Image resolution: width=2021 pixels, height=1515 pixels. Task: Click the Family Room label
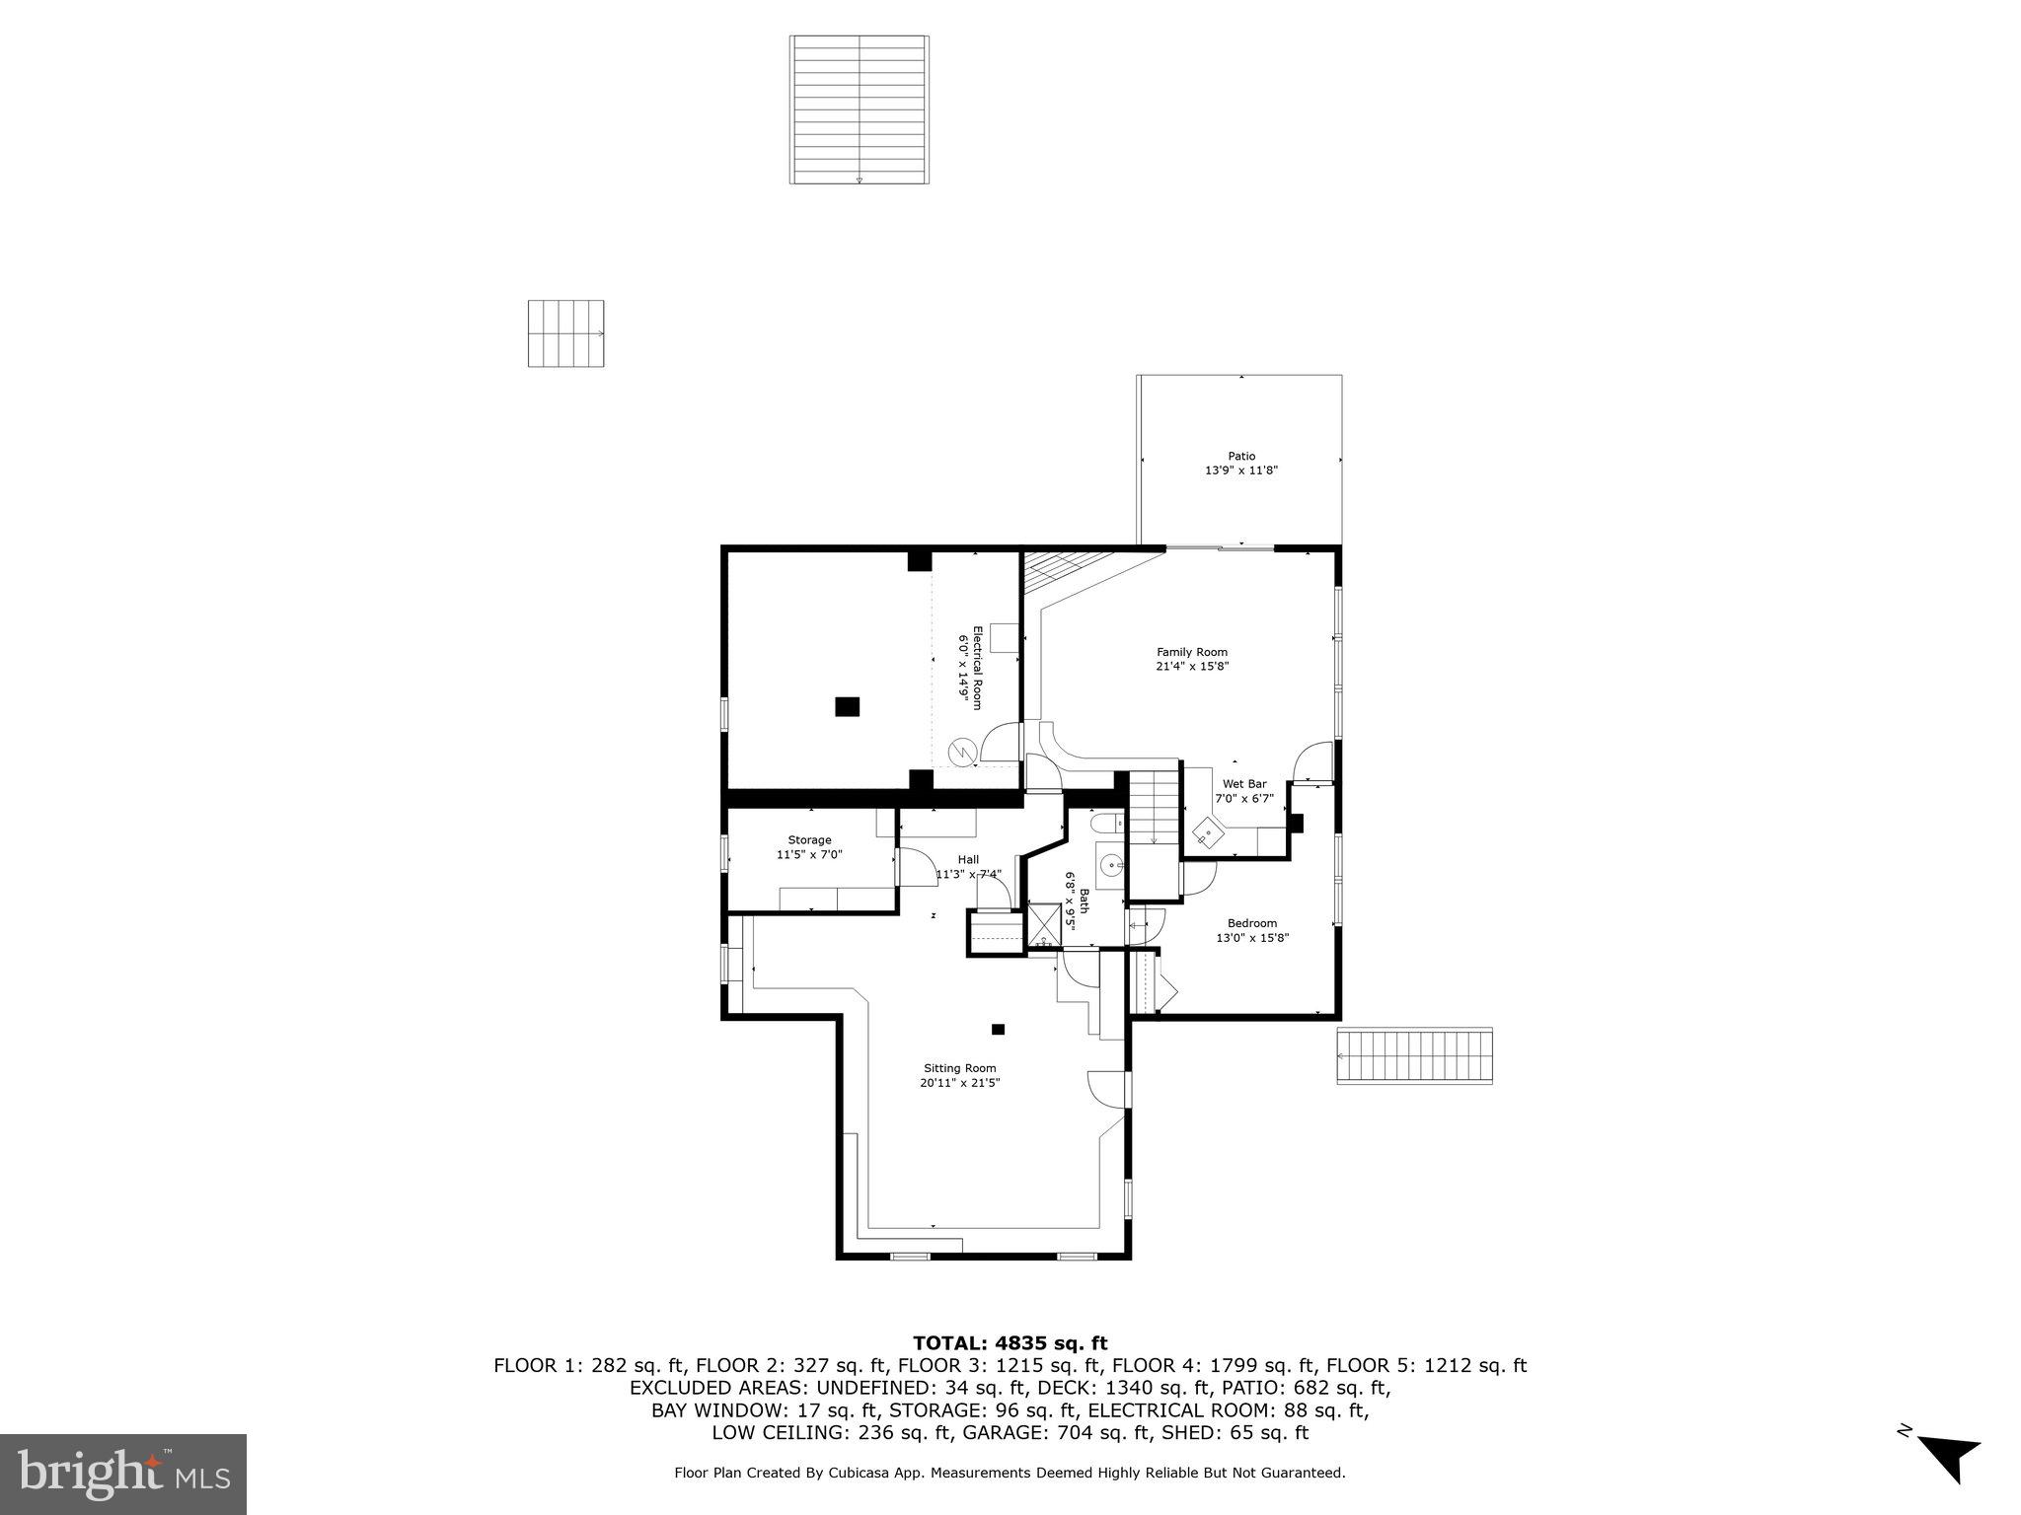(x=1191, y=652)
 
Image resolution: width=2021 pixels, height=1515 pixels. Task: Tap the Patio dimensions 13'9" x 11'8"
(x=1241, y=470)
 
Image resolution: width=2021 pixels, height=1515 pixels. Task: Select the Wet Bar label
(x=1243, y=784)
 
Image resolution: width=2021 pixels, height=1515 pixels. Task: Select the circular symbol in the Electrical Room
(x=961, y=753)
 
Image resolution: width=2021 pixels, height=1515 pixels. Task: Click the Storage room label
(x=809, y=840)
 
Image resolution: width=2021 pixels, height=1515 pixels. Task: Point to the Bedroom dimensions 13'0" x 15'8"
(x=1252, y=938)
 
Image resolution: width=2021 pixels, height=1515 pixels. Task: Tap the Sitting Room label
(x=959, y=1068)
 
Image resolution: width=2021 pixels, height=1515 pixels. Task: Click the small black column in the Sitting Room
(x=998, y=1030)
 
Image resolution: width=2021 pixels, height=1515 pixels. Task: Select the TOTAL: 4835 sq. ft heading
(x=1010, y=1343)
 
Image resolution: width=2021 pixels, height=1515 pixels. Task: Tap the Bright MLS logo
(x=123, y=1474)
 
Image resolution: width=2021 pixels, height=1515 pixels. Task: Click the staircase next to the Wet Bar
(x=1155, y=809)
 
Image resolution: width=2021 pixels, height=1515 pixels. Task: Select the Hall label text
(x=968, y=859)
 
